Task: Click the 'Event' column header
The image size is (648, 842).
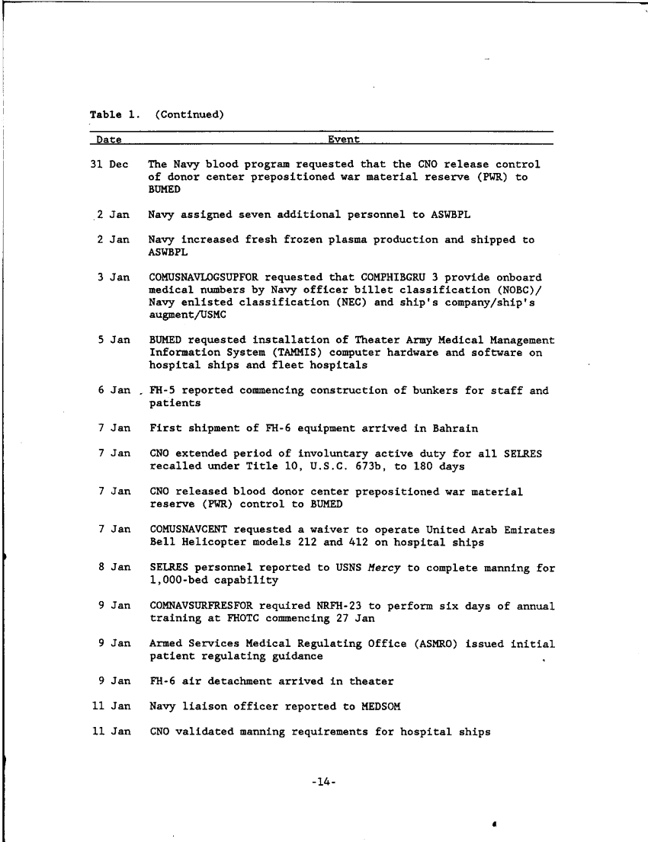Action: [343, 139]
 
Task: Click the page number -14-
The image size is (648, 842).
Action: [324, 783]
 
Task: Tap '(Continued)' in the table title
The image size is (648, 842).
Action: [189, 115]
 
